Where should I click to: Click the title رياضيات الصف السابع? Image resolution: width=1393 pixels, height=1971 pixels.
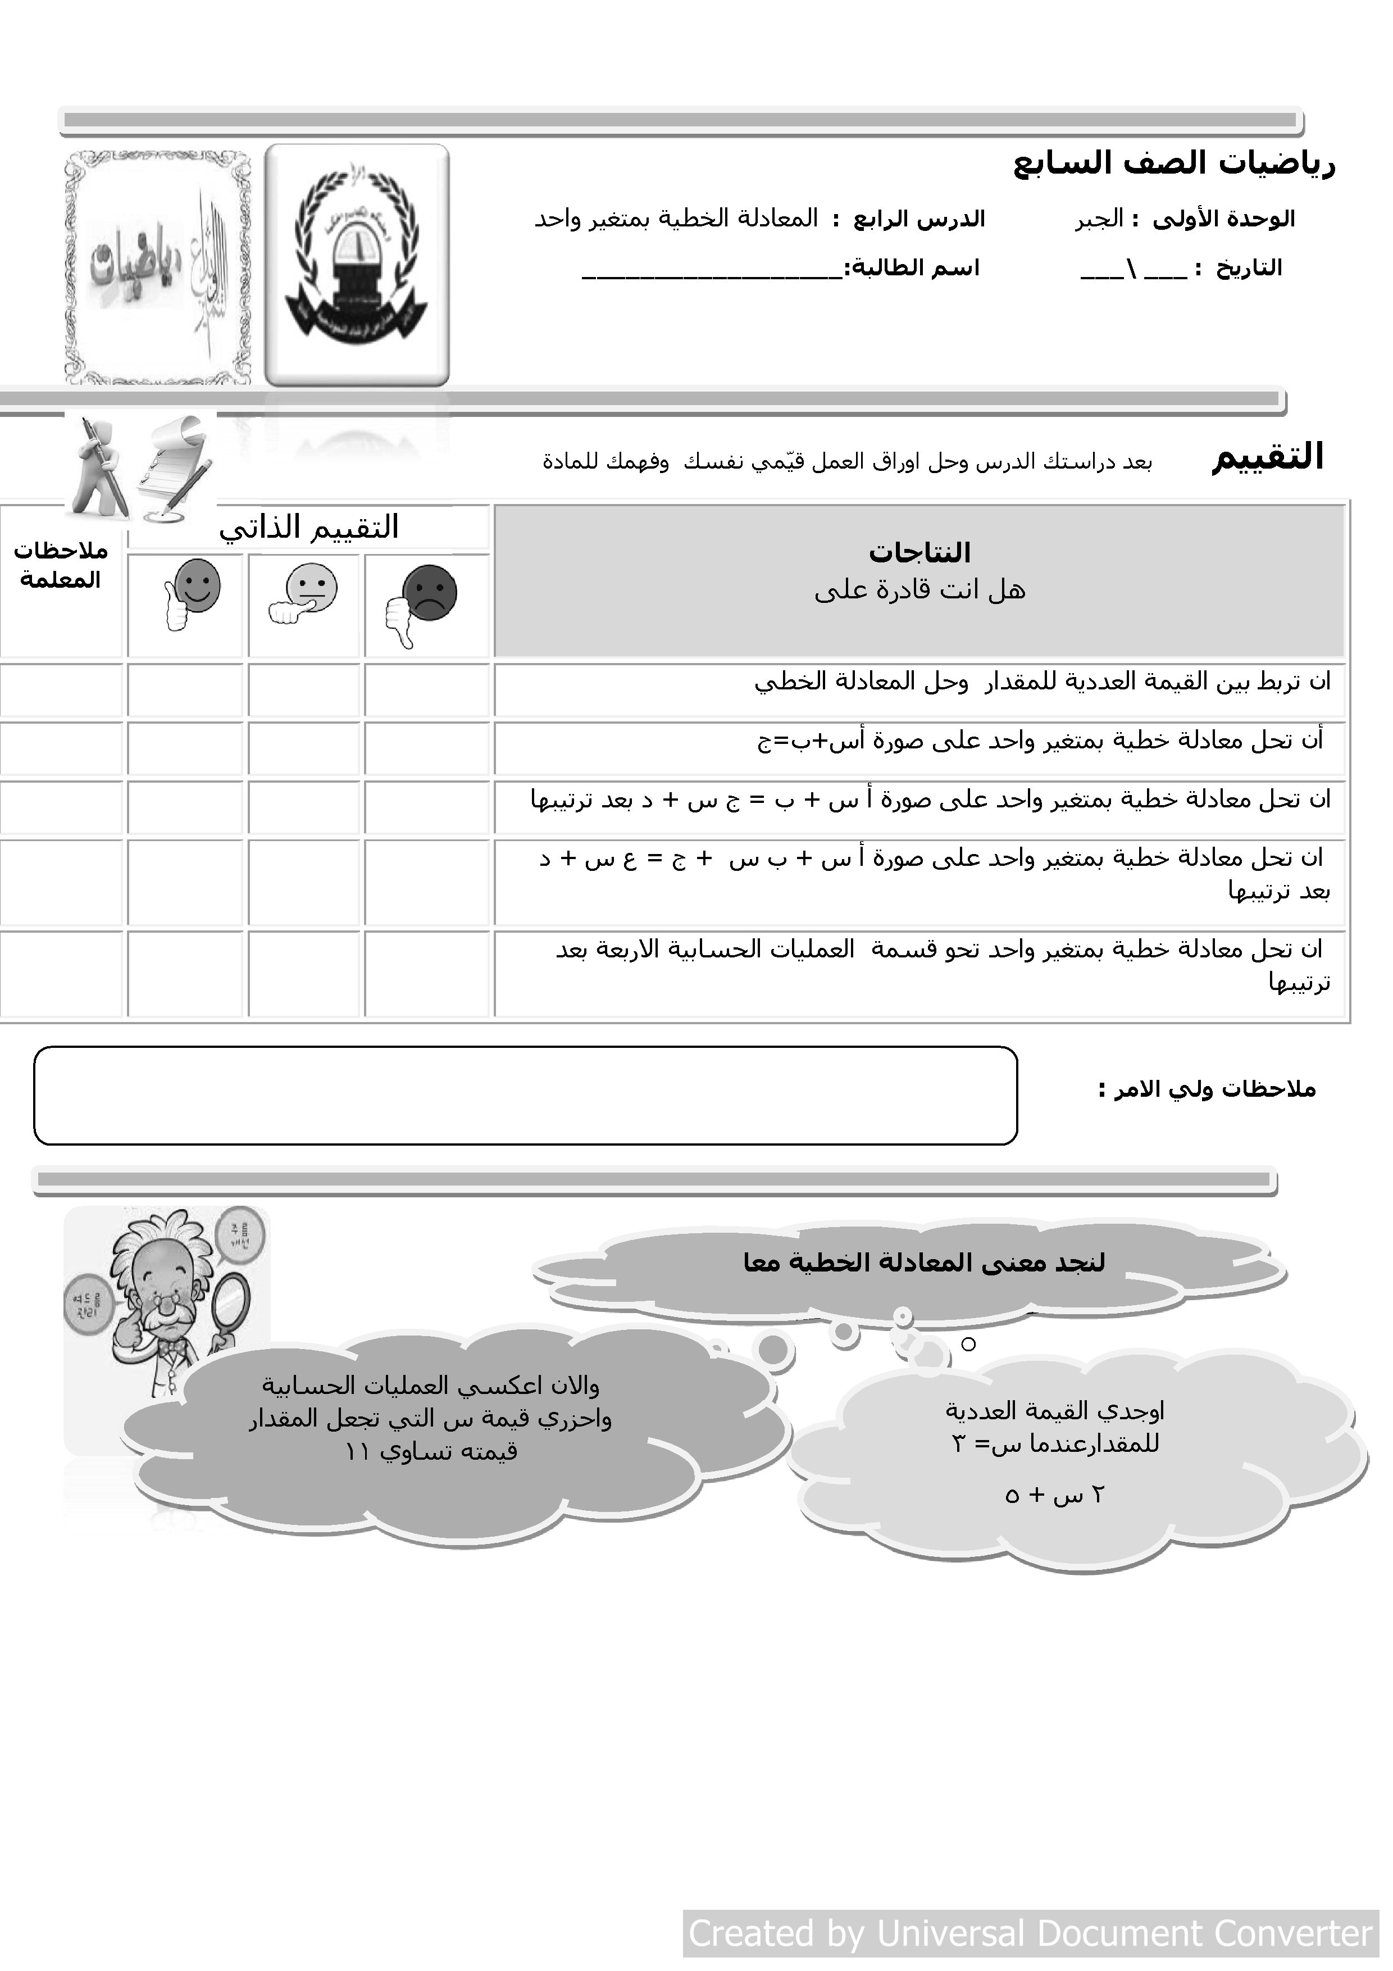pyautogui.click(x=1173, y=163)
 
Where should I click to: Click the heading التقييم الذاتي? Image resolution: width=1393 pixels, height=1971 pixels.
pyautogui.click(x=309, y=527)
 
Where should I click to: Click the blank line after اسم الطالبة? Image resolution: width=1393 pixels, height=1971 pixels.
pyautogui.click(x=712, y=273)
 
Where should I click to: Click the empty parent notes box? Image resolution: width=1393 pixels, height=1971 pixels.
pyautogui.click(x=525, y=1096)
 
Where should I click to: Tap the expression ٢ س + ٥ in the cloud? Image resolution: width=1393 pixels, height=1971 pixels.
pyautogui.click(x=1053, y=1496)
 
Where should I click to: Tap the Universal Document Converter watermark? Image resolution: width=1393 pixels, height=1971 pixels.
pyautogui.click(x=1030, y=1933)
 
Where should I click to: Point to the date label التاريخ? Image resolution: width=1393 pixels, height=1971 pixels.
pyautogui.click(x=1249, y=269)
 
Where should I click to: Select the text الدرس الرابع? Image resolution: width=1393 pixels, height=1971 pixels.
pyautogui.click(x=918, y=220)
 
